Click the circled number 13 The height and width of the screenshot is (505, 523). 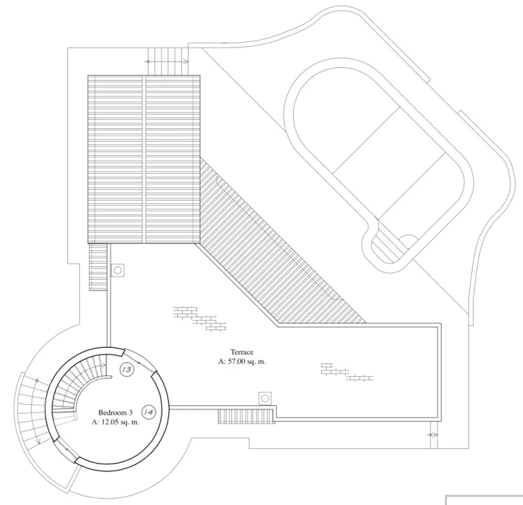(x=127, y=370)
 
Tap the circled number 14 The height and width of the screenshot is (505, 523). (x=149, y=412)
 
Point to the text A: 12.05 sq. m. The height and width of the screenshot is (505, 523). (x=116, y=422)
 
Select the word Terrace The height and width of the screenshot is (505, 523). (x=242, y=352)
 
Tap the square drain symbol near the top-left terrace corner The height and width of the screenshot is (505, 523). (x=118, y=270)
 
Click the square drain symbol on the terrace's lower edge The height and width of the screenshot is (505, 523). (x=265, y=398)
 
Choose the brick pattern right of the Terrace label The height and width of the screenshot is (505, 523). (x=346, y=371)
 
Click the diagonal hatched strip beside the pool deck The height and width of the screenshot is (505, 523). (x=280, y=245)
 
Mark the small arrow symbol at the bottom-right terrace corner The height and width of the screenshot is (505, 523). (x=430, y=435)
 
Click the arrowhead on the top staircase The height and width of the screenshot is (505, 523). (x=184, y=62)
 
